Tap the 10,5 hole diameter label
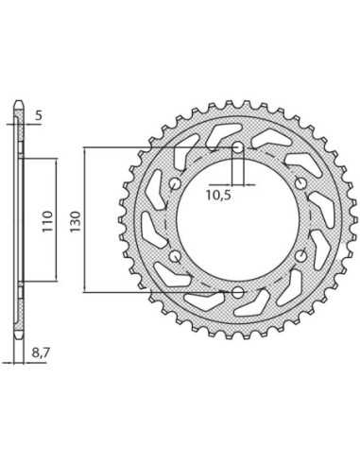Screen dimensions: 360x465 [218, 196]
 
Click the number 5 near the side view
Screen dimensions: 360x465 [38, 116]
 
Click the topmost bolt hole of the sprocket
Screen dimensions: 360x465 [238, 147]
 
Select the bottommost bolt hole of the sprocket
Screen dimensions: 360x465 [238, 292]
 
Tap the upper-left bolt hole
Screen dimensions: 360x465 [175, 183]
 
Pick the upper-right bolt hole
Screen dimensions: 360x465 [300, 183]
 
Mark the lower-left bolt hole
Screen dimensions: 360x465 [175, 256]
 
